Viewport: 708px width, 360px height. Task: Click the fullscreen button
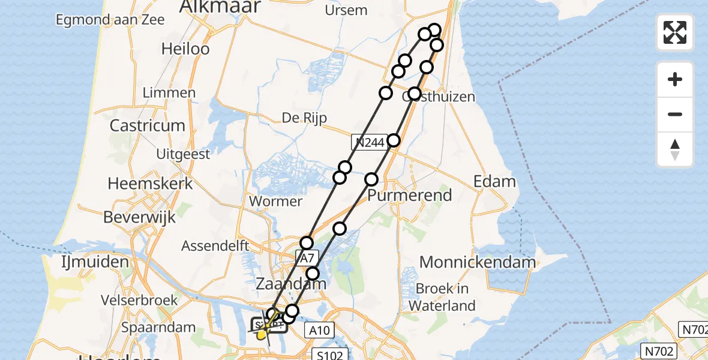pos(675,32)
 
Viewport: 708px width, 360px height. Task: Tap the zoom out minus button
pos(675,115)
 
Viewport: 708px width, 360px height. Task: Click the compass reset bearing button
pos(675,149)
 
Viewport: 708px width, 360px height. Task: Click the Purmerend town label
pos(409,196)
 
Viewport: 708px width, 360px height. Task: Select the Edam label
pos(494,181)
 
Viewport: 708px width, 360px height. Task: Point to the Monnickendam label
pos(478,262)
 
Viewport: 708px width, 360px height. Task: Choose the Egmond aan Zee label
pos(101,20)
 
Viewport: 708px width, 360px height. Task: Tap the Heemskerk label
pos(150,184)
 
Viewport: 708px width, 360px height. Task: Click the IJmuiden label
pos(95,262)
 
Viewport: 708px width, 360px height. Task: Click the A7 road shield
pos(306,259)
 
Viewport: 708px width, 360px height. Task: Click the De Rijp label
pos(304,118)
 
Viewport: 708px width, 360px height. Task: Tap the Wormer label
pos(275,201)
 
